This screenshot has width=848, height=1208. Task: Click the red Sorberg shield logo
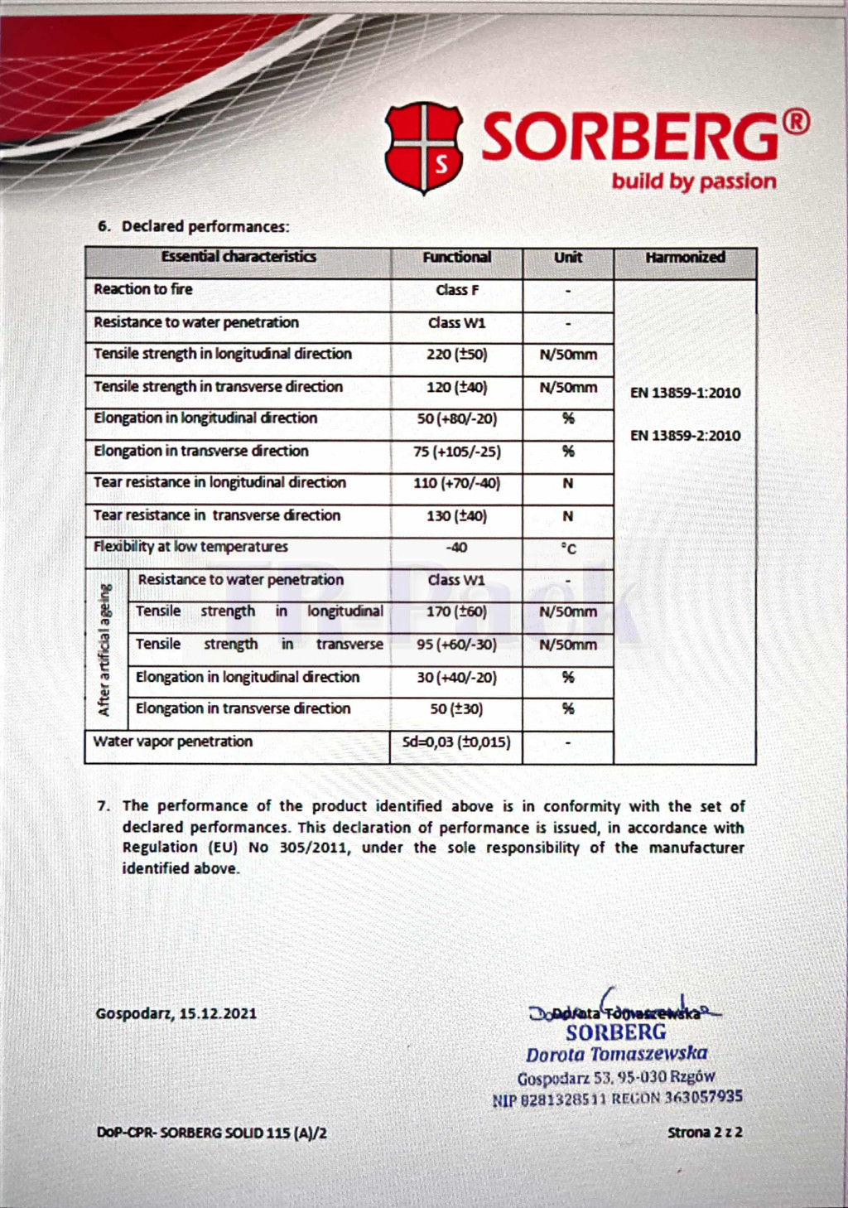coord(424,148)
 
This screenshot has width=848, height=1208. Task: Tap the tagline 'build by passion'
coord(694,181)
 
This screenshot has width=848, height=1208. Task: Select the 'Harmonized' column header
coord(685,258)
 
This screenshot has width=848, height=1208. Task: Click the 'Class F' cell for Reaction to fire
coord(457,290)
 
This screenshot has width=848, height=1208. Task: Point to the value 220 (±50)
coord(457,355)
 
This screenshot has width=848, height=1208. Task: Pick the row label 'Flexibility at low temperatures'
coord(191,547)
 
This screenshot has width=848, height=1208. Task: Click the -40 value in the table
coord(456,548)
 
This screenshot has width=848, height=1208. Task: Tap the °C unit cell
coord(568,548)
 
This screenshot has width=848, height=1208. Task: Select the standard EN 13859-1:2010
coord(685,393)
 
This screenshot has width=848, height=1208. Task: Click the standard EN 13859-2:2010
coord(685,436)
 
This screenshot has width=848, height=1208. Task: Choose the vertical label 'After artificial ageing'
coord(104,650)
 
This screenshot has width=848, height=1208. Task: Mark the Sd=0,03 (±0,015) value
coord(456,742)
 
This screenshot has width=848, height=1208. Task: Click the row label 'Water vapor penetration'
coord(173,742)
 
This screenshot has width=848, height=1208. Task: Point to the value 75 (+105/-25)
coord(457,452)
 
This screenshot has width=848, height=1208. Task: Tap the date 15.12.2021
coord(218,1013)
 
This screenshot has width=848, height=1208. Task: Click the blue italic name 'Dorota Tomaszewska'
coord(617,1054)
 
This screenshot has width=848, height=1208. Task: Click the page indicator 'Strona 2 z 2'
coord(705,1133)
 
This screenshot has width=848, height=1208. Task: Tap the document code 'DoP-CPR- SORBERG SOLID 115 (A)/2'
coord(212,1133)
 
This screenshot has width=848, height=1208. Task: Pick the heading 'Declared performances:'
coord(205,226)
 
